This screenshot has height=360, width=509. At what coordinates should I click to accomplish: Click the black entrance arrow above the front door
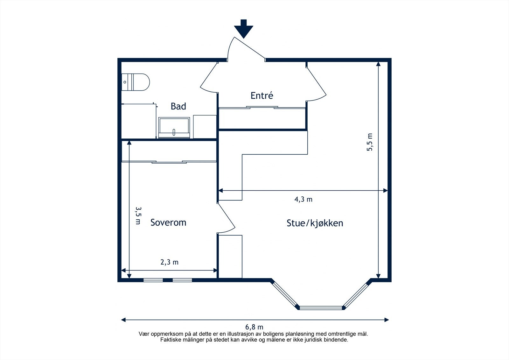click(x=244, y=29)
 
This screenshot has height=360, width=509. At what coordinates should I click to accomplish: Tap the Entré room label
click(x=262, y=95)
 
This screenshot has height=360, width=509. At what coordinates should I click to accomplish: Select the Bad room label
click(x=178, y=106)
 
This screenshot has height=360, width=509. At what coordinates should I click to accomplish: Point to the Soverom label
click(x=168, y=222)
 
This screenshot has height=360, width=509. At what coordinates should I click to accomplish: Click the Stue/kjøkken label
click(x=315, y=223)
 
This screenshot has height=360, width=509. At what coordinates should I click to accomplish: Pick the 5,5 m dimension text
click(x=370, y=142)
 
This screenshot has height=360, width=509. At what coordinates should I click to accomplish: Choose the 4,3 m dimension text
click(x=303, y=200)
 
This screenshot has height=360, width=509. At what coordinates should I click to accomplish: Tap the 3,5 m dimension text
click(x=138, y=215)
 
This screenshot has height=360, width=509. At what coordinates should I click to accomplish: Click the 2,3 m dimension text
click(x=170, y=262)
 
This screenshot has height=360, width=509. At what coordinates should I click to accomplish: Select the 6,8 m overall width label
click(x=254, y=327)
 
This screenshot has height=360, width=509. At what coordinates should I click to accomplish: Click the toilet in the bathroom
click(x=136, y=82)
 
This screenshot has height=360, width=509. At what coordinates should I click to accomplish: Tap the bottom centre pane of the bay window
click(x=321, y=308)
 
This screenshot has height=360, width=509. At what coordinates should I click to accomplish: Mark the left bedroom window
click(x=153, y=280)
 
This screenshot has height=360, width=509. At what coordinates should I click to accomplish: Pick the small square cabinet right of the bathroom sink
click(x=205, y=127)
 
